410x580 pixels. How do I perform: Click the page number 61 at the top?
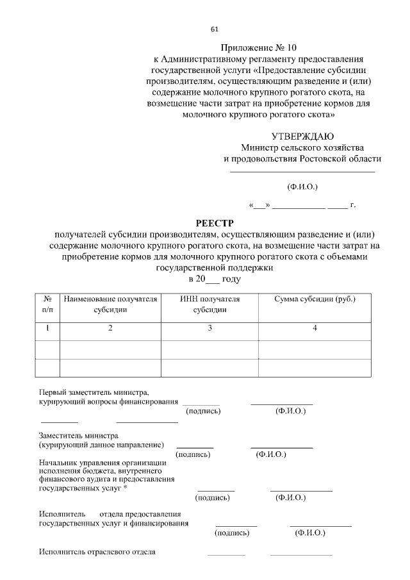[215, 29]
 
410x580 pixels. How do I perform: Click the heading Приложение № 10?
[259, 47]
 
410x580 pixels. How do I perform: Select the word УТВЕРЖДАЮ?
[302, 136]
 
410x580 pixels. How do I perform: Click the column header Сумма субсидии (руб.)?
[315, 299]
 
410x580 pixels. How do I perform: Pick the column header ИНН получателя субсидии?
[209, 304]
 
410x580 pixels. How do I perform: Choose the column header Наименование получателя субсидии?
[110, 304]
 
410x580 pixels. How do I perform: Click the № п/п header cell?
[47, 304]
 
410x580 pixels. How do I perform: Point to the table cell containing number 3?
[209, 328]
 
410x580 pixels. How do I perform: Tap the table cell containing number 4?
[315, 328]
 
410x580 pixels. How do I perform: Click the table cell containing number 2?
[110, 328]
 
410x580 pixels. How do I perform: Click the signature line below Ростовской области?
[302, 171]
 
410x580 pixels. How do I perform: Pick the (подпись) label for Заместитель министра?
[193, 454]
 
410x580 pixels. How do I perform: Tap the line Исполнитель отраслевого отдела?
[97, 551]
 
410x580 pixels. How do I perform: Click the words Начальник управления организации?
[102, 462]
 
